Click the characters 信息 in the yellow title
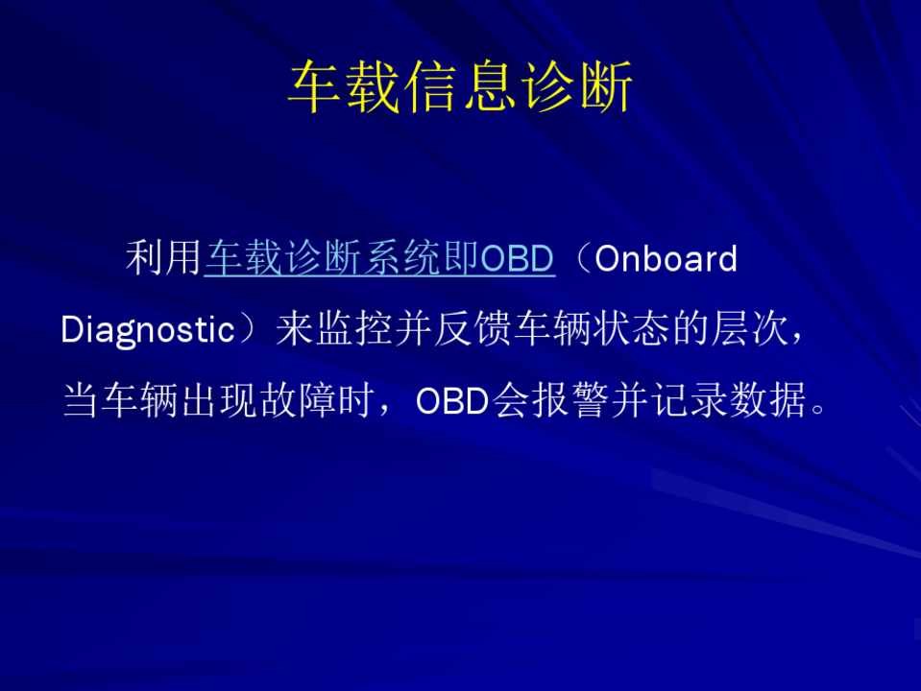(x=460, y=86)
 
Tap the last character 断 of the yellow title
(x=605, y=86)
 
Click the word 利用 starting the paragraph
(x=163, y=258)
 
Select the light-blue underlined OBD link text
(x=518, y=258)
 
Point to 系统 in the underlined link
(x=401, y=258)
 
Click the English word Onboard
(x=667, y=258)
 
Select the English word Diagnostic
(x=148, y=330)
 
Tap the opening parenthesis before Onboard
(x=581, y=258)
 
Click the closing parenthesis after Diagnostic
(x=247, y=329)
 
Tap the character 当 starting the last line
(x=81, y=401)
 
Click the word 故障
(x=299, y=401)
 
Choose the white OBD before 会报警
(x=452, y=401)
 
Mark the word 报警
(x=552, y=401)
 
